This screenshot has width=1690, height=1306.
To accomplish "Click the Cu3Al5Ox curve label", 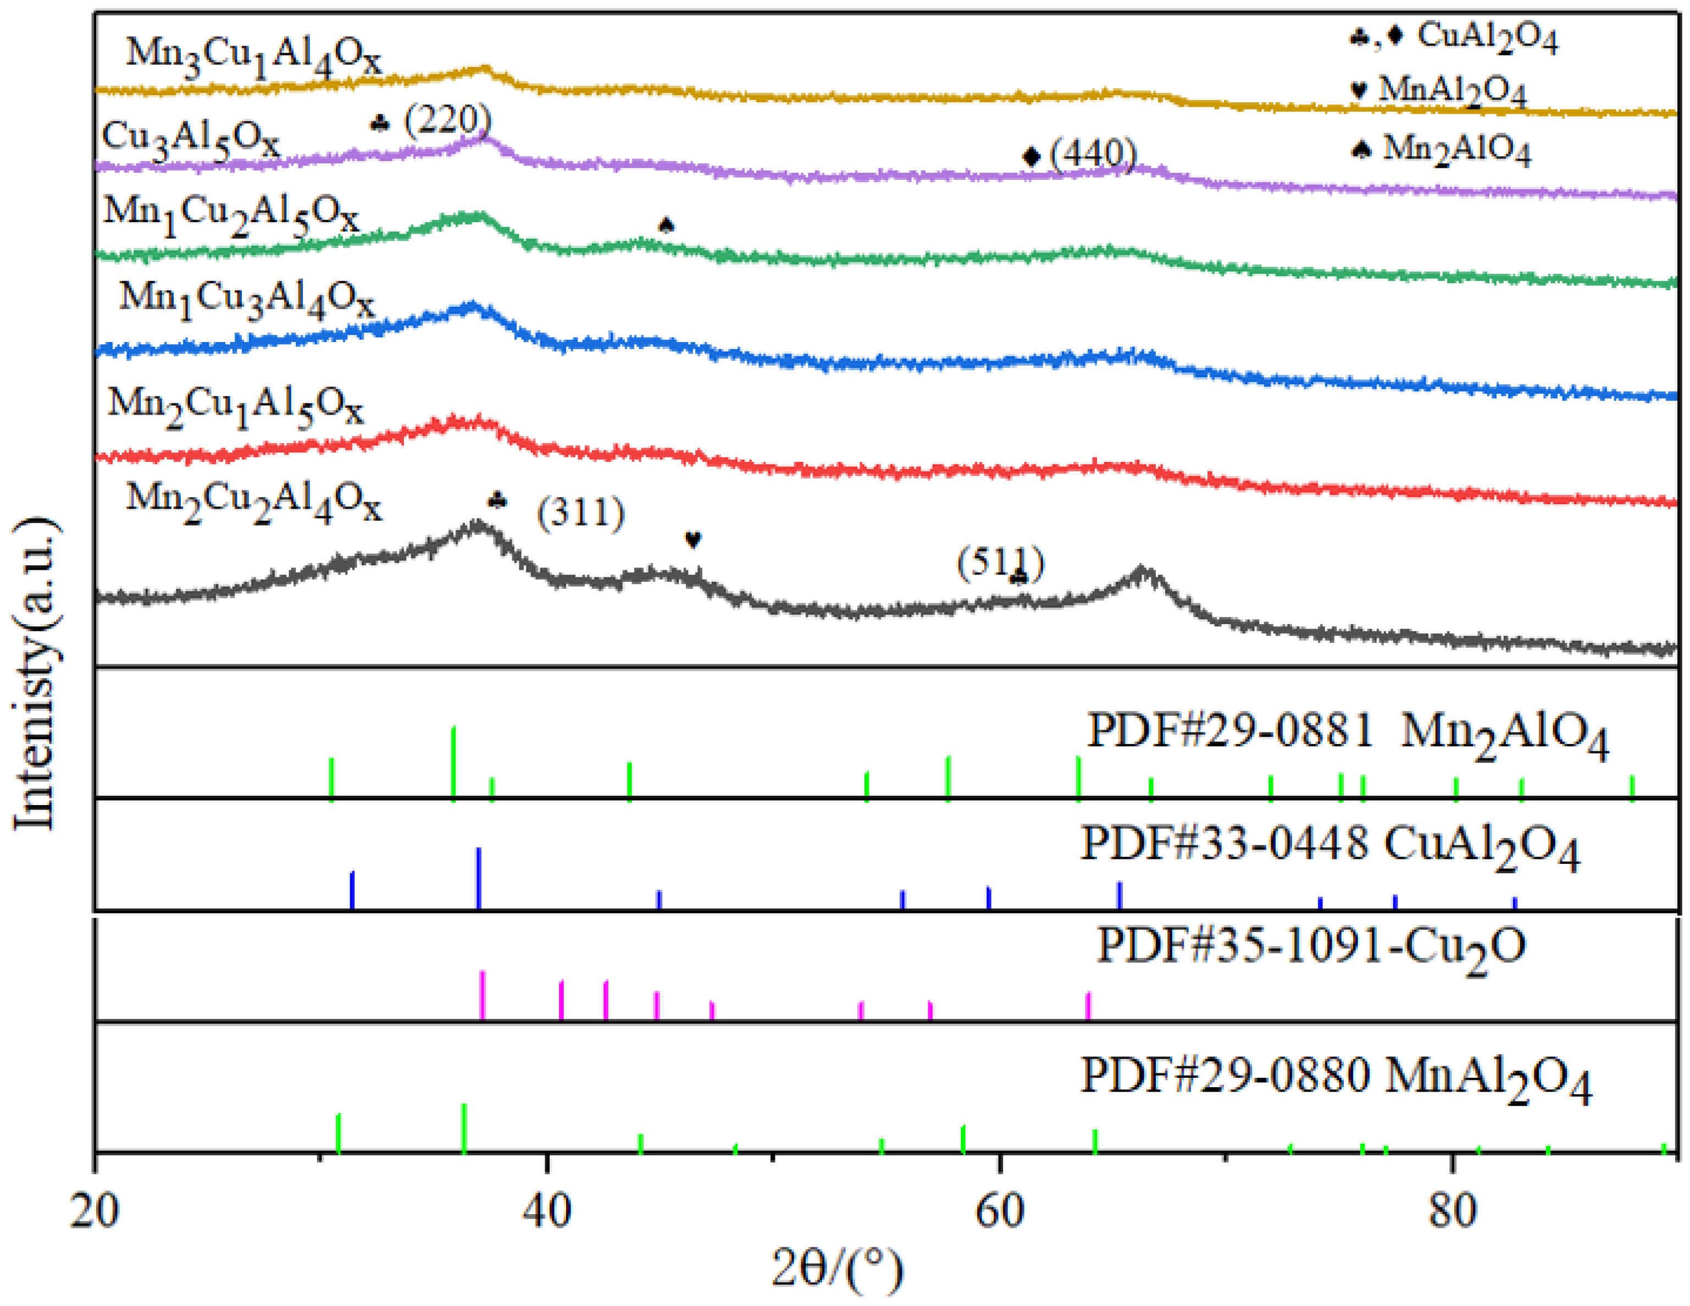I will click(190, 141).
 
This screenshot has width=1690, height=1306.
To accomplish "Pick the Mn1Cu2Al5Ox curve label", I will click(231, 215).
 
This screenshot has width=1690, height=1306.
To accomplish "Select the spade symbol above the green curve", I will click(666, 225).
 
